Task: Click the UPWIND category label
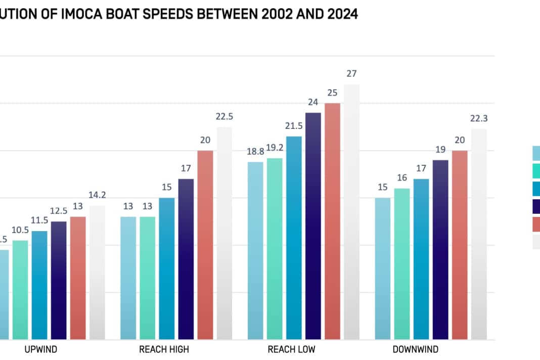point(41,349)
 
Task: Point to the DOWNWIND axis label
point(416,349)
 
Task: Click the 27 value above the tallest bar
point(351,74)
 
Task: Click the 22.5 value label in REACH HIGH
point(224,116)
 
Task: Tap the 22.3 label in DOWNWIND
point(479,118)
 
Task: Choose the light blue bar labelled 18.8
point(255,250)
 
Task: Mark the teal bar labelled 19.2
point(275,248)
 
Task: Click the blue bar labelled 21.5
point(294,238)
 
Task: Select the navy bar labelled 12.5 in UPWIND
point(59,280)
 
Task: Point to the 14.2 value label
point(97,195)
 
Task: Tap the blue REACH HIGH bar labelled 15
point(166,268)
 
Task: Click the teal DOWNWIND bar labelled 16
point(402,263)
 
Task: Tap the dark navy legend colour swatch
point(536,206)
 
